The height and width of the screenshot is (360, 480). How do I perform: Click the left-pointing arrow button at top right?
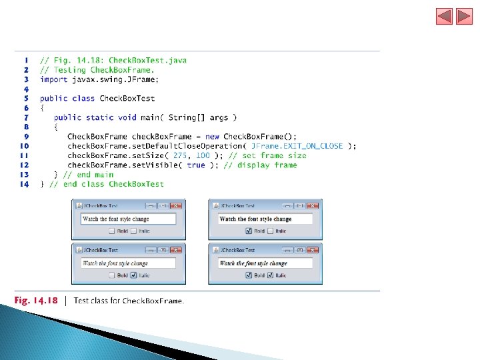pyautogui.click(x=445, y=16)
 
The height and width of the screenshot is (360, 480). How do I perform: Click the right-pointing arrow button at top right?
pyautogui.click(x=464, y=16)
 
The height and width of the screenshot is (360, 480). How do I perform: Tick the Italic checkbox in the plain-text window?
pyautogui.click(x=133, y=231)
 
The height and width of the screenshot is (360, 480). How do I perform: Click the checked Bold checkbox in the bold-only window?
pyautogui.click(x=249, y=231)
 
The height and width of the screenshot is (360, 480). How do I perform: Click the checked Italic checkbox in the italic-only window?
pyautogui.click(x=133, y=275)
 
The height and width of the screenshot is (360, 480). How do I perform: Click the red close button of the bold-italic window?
pyautogui.click(x=313, y=250)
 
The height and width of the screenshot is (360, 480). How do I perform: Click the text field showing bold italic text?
pyautogui.click(x=265, y=263)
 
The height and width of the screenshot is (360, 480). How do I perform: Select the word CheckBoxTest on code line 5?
pyautogui.click(x=127, y=99)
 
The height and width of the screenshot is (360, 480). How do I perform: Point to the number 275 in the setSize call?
pyautogui.click(x=179, y=155)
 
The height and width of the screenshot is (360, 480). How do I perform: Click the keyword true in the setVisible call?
pyautogui.click(x=196, y=165)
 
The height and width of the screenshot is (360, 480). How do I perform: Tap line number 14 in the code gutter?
pyautogui.click(x=25, y=184)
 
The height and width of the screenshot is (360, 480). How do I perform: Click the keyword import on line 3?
pyautogui.click(x=53, y=79)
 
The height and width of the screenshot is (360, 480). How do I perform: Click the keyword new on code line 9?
pyautogui.click(x=214, y=137)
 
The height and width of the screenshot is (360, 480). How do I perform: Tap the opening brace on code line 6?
pyautogui.click(x=42, y=108)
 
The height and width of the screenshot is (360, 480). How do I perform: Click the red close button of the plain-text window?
pyautogui.click(x=176, y=206)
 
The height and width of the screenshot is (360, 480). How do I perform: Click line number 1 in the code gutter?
pyautogui.click(x=26, y=60)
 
